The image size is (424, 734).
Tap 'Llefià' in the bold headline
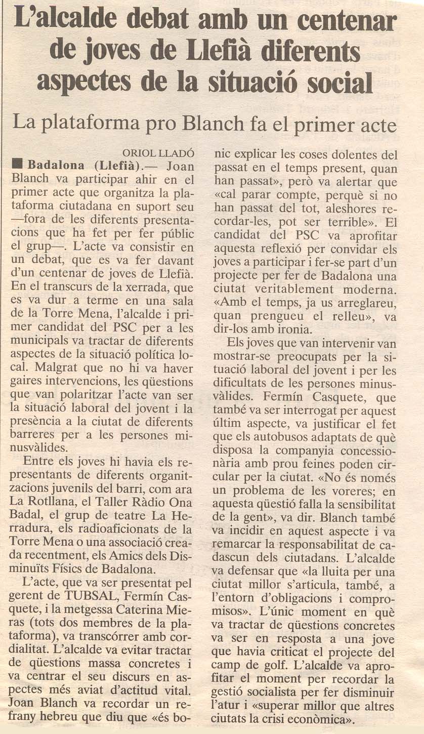click(234, 52)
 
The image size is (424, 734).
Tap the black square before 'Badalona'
click(17, 165)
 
